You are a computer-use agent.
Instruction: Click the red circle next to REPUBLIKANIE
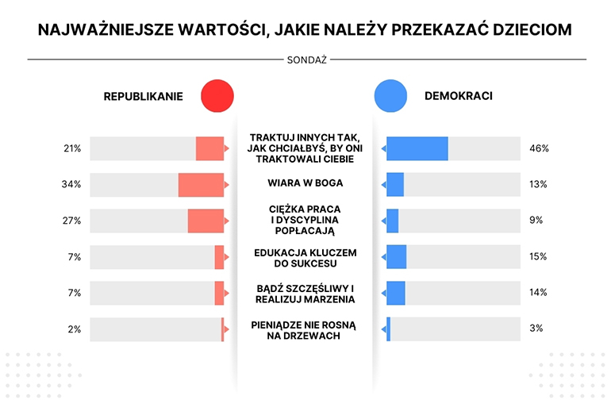[217, 97]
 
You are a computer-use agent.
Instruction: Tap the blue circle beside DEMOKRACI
[390, 97]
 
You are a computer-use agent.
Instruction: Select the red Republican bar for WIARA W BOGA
[201, 185]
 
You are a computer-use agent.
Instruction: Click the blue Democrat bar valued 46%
[417, 148]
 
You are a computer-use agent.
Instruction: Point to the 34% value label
[72, 185]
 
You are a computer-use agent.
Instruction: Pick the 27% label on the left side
[72, 221]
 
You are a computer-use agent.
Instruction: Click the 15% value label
[538, 256]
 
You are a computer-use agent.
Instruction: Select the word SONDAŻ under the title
[305, 60]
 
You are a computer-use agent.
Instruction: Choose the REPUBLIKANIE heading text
[143, 97]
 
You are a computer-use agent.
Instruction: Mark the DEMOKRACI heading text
[459, 97]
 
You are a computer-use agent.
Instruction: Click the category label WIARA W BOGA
[305, 183]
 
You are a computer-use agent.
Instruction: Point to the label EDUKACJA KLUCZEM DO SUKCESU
[305, 257]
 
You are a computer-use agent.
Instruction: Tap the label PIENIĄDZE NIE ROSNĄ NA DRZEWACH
[305, 329]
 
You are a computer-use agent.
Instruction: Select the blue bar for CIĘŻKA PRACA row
[392, 221]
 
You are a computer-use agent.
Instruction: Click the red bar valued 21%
[209, 148]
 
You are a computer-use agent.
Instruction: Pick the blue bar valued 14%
[395, 293]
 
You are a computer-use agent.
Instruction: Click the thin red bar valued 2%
[223, 329]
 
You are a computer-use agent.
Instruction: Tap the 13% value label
[538, 185]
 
